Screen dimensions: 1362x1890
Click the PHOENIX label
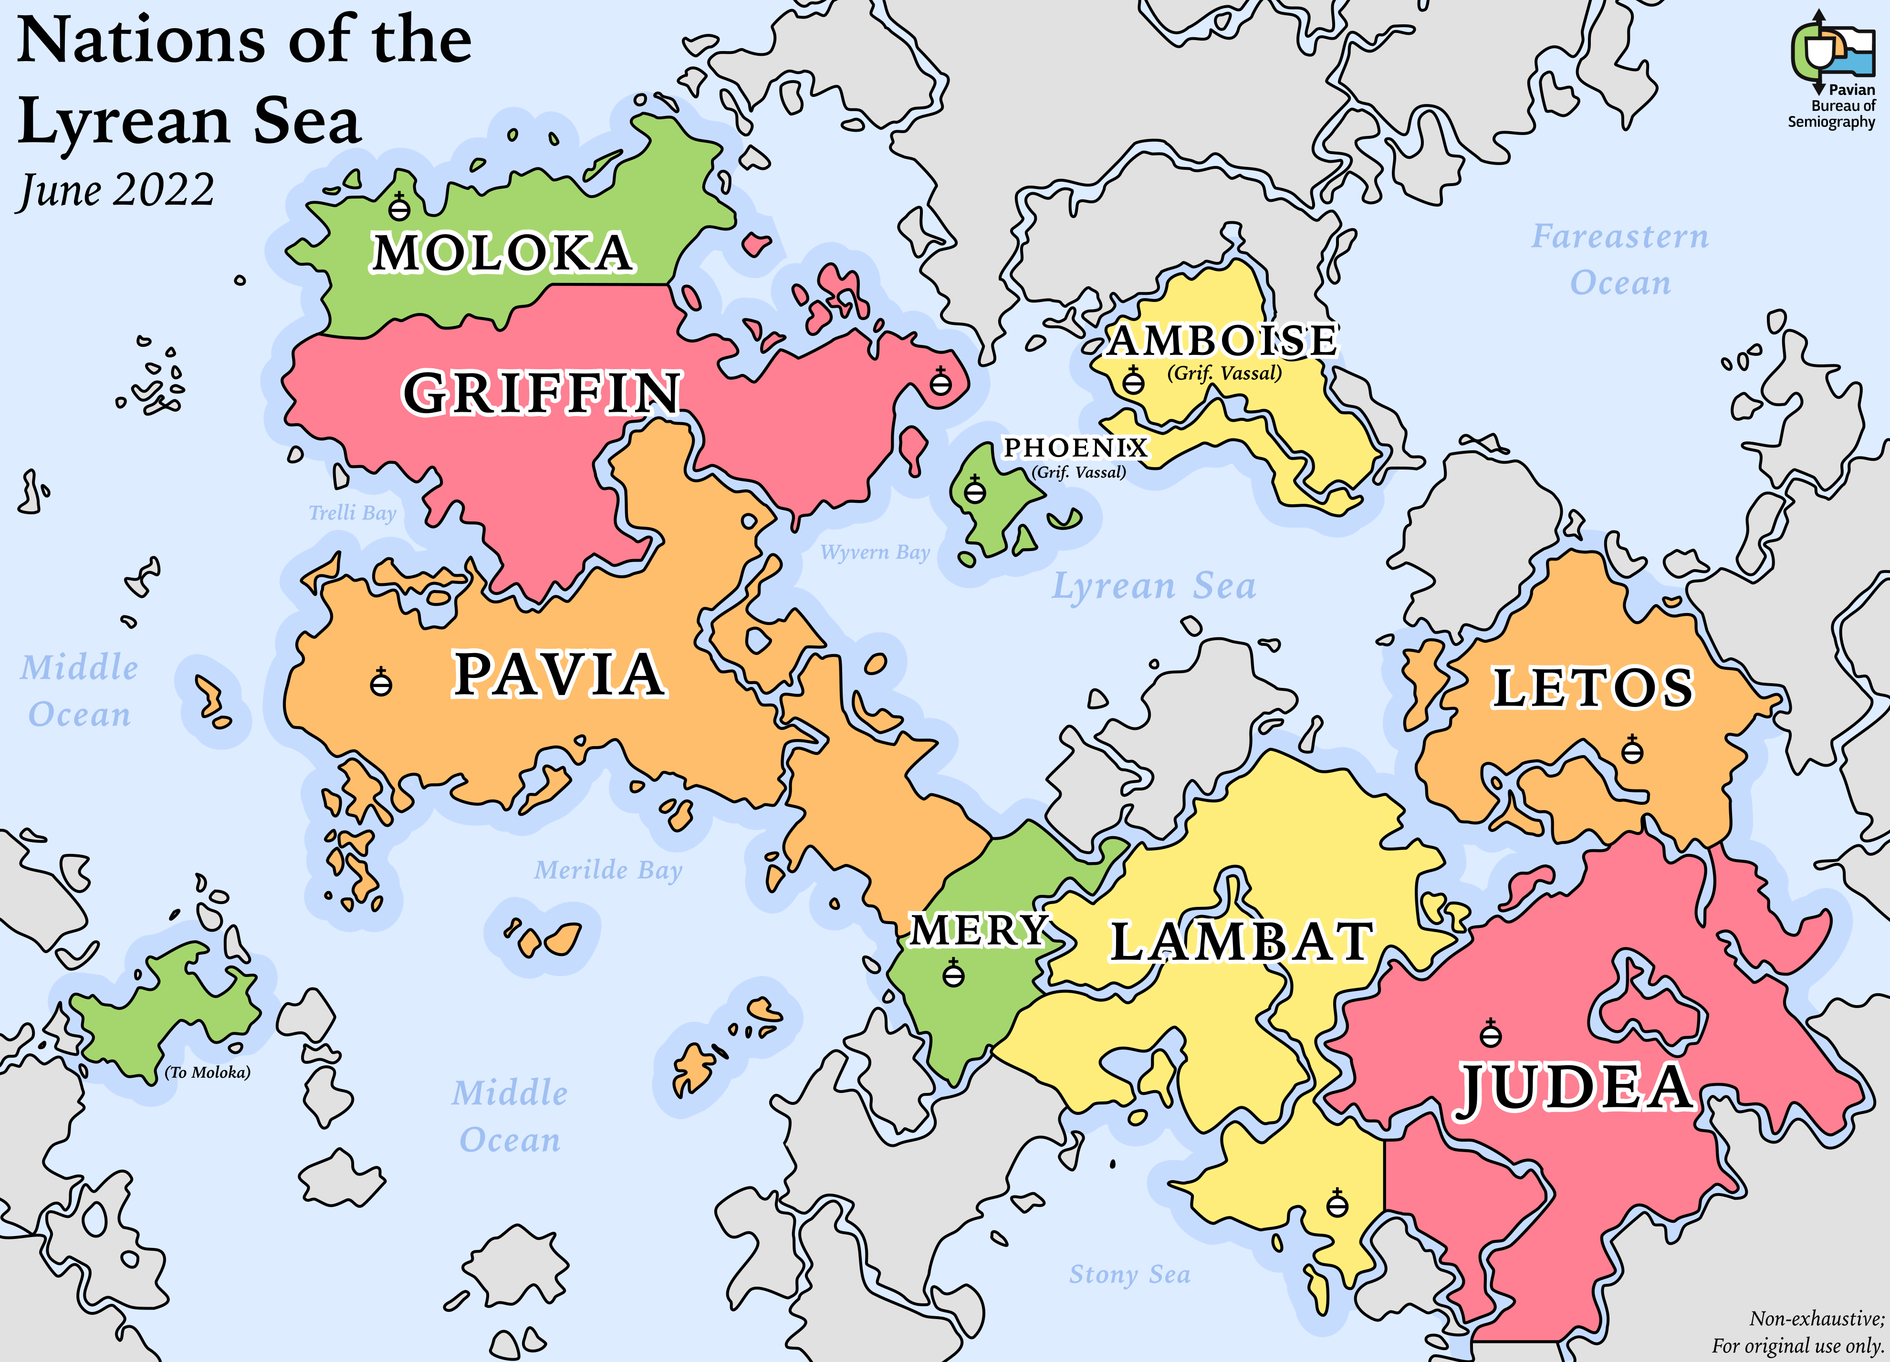[1075, 448]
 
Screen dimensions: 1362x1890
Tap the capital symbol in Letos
[1632, 750]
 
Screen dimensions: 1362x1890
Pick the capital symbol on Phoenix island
[974, 490]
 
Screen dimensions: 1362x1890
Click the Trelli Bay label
[353, 513]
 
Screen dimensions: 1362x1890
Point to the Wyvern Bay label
[875, 552]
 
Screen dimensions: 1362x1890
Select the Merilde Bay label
[608, 871]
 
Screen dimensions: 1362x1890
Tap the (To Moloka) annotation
[208, 1072]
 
